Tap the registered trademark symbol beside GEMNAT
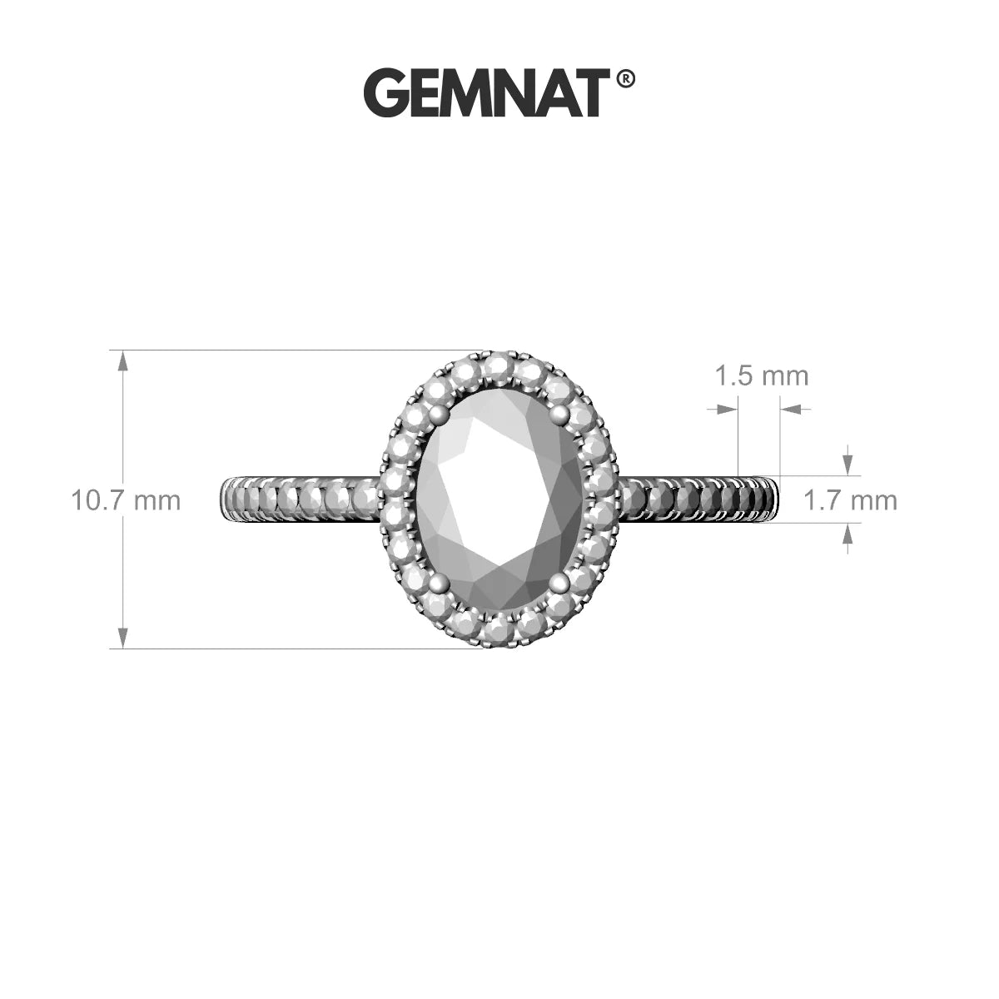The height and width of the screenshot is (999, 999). click(x=625, y=79)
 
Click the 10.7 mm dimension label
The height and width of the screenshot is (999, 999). click(x=126, y=501)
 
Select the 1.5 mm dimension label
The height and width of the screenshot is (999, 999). click(x=762, y=375)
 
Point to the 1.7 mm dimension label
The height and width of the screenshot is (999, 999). click(x=850, y=501)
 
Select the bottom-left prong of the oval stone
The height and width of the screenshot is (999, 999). click(x=440, y=584)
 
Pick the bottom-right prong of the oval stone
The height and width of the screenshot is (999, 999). click(x=559, y=584)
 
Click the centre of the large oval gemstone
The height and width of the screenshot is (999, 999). click(x=499, y=499)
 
